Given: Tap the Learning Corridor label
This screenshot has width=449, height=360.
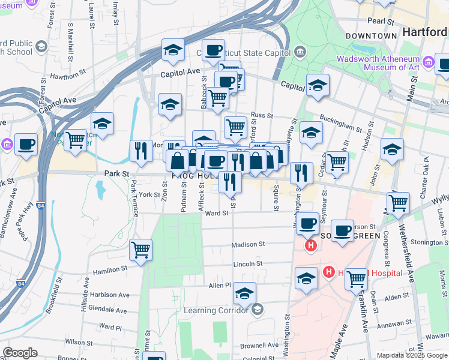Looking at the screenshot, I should point(220,310).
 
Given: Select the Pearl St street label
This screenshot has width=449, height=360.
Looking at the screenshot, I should point(380,21).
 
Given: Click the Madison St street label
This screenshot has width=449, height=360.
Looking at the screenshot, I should point(249,244).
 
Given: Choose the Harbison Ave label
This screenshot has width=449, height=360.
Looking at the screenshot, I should point(110,295).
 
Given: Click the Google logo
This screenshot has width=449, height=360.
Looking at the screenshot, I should point(20,353).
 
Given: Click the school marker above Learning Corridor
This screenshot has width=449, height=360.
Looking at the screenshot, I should point(244,293).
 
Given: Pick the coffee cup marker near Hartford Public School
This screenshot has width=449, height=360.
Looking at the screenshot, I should point(26,144).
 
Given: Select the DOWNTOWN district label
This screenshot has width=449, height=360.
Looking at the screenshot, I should point(372,36).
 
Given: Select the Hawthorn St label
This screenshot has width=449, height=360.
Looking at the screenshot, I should point(68,76).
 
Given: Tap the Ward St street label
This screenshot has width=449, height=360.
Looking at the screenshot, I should point(217,213).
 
